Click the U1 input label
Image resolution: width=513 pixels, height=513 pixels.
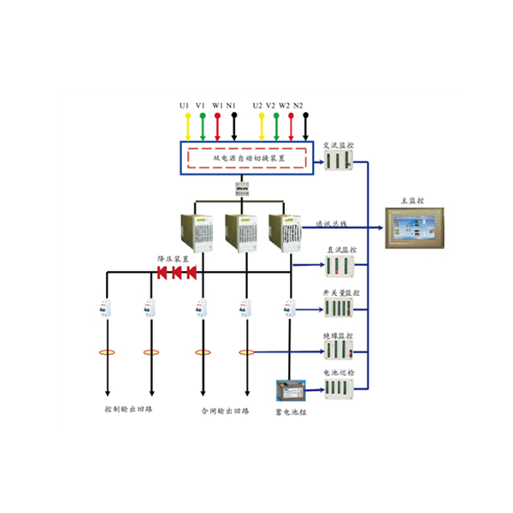(186, 105)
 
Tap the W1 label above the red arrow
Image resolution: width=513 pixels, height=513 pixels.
(217, 105)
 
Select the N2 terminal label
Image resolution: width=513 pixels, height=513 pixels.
(298, 105)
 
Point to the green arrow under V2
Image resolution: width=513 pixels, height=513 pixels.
(276, 125)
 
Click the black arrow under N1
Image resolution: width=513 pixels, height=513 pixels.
(233, 125)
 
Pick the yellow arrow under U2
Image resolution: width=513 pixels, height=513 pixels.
(261, 125)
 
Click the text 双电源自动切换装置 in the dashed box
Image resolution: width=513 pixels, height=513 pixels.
(249, 157)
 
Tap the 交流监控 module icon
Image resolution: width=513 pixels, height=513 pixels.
(338, 160)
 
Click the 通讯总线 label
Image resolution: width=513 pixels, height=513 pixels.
(332, 223)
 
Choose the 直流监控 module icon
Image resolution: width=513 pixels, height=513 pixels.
(339, 266)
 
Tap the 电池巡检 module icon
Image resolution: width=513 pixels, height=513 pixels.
(339, 388)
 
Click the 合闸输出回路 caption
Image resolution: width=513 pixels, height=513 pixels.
(224, 410)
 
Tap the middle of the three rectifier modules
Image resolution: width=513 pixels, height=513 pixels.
(239, 232)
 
